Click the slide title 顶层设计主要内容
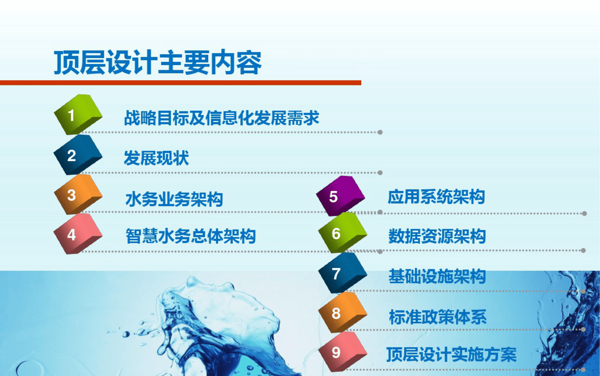pyautogui.click(x=158, y=62)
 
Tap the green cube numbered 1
pyautogui.click(x=78, y=115)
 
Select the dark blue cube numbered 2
pyautogui.click(x=78, y=155)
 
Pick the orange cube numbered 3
pyautogui.click(x=78, y=195)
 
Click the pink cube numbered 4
pyautogui.click(x=78, y=234)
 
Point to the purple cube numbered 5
pyautogui.click(x=340, y=196)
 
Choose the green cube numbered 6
pyautogui.click(x=342, y=233)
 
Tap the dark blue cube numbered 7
pyautogui.click(x=342, y=273)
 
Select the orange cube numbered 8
pyautogui.click(x=342, y=312)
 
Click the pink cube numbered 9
pyautogui.click(x=342, y=352)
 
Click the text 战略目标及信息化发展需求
pyautogui.click(x=222, y=118)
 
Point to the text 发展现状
pyautogui.click(x=157, y=158)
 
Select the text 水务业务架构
pyautogui.click(x=174, y=199)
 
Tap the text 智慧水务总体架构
pyautogui.click(x=191, y=236)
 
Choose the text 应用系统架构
pyautogui.click(x=436, y=197)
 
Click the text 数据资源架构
pyautogui.click(x=437, y=236)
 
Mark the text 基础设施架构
pyautogui.click(x=437, y=276)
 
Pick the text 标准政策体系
pyautogui.click(x=438, y=317)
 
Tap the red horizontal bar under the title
pyautogui.click(x=180, y=83)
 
